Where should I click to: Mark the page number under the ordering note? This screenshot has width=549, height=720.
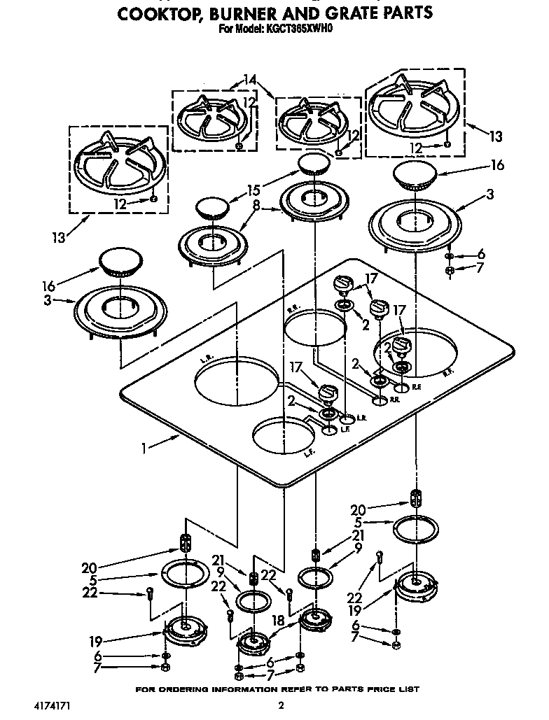click(281, 705)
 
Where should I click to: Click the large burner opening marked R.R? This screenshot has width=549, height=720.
click(315, 329)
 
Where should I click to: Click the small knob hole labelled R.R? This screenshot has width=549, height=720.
click(379, 401)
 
